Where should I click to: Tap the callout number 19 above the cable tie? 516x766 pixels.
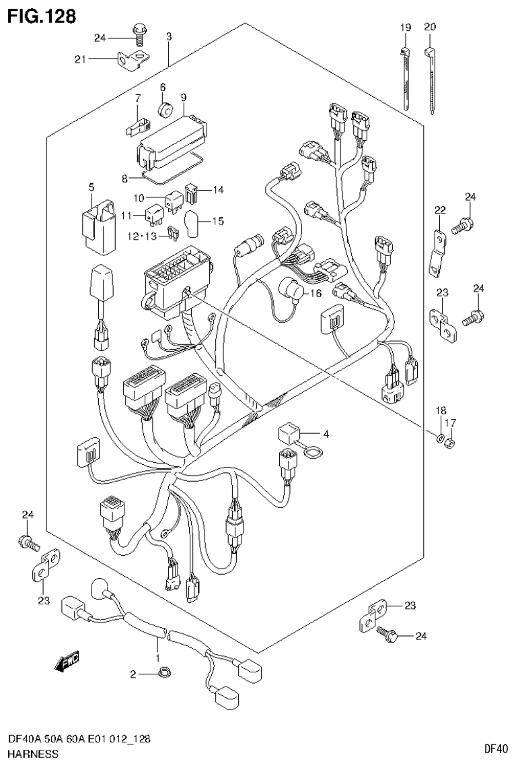pyautogui.click(x=406, y=27)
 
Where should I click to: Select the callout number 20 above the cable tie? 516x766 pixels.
pyautogui.click(x=430, y=27)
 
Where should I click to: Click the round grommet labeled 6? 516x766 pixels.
pyautogui.click(x=164, y=109)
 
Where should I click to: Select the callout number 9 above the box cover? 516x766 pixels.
pyautogui.click(x=184, y=97)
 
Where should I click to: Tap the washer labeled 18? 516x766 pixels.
pyautogui.click(x=440, y=441)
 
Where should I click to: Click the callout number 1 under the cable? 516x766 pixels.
pyautogui.click(x=157, y=657)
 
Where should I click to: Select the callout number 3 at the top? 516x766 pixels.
pyautogui.click(x=168, y=35)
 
